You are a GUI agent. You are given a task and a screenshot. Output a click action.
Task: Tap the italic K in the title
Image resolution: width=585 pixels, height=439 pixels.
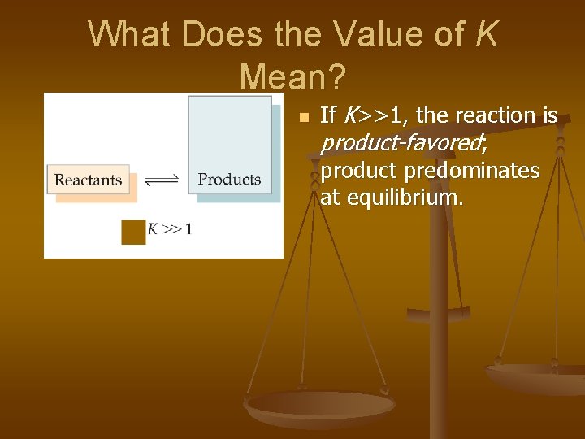(485, 35)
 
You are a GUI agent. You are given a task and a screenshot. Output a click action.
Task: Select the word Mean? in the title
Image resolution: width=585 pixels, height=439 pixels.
(292, 77)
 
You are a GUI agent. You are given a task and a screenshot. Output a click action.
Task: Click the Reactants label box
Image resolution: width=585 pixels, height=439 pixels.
(88, 180)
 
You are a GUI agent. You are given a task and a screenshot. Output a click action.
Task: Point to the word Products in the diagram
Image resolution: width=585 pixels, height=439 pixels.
(229, 179)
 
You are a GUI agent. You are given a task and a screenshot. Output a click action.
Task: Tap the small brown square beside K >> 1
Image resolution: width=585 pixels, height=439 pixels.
(132, 230)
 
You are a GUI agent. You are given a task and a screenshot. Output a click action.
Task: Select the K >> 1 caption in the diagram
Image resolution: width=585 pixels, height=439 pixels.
(169, 229)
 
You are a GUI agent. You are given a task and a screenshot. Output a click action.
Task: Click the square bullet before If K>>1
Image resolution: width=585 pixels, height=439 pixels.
(304, 119)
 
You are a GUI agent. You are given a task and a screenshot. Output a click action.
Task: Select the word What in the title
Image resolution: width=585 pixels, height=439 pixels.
(129, 35)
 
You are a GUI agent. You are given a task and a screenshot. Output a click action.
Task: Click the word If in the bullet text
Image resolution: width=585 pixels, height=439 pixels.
(327, 116)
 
